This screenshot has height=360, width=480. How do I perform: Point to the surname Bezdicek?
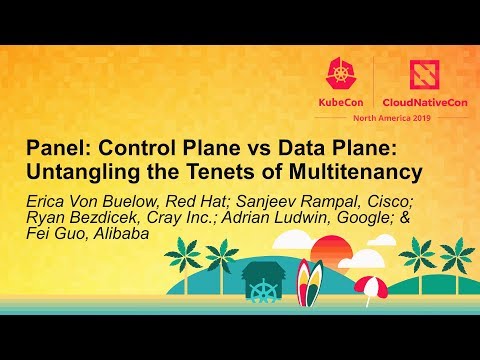tap(107, 217)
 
